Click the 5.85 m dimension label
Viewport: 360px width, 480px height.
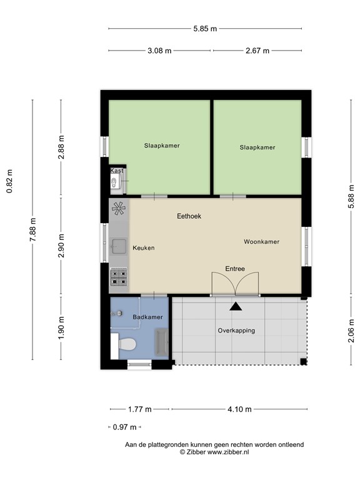204,28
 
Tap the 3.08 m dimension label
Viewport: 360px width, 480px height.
159,51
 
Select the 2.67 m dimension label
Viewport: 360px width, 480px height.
257,51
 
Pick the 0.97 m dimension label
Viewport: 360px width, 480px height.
123,427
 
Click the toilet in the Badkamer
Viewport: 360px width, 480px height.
127,344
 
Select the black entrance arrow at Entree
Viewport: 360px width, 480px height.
236,306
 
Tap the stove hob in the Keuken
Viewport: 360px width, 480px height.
119,276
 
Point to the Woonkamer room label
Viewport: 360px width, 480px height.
261,241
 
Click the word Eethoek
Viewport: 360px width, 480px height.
189,216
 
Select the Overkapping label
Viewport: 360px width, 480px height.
236,330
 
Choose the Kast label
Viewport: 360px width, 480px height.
117,170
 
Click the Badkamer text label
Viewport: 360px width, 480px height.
147,317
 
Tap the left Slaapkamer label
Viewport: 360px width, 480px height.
161,146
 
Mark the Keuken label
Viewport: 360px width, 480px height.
143,248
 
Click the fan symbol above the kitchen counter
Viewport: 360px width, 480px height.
118,209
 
